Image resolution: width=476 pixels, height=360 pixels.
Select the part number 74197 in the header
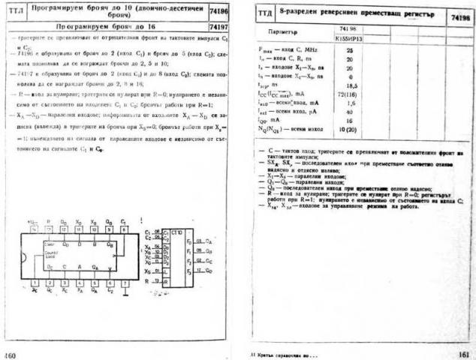pyautogui.click(x=221, y=25)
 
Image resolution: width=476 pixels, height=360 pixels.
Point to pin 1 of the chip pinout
pyautogui.click(x=35, y=283)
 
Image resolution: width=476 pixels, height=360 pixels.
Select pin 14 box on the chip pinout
pyautogui.click(x=35, y=228)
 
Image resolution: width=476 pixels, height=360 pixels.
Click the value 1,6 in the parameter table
pyautogui.click(x=350, y=104)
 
